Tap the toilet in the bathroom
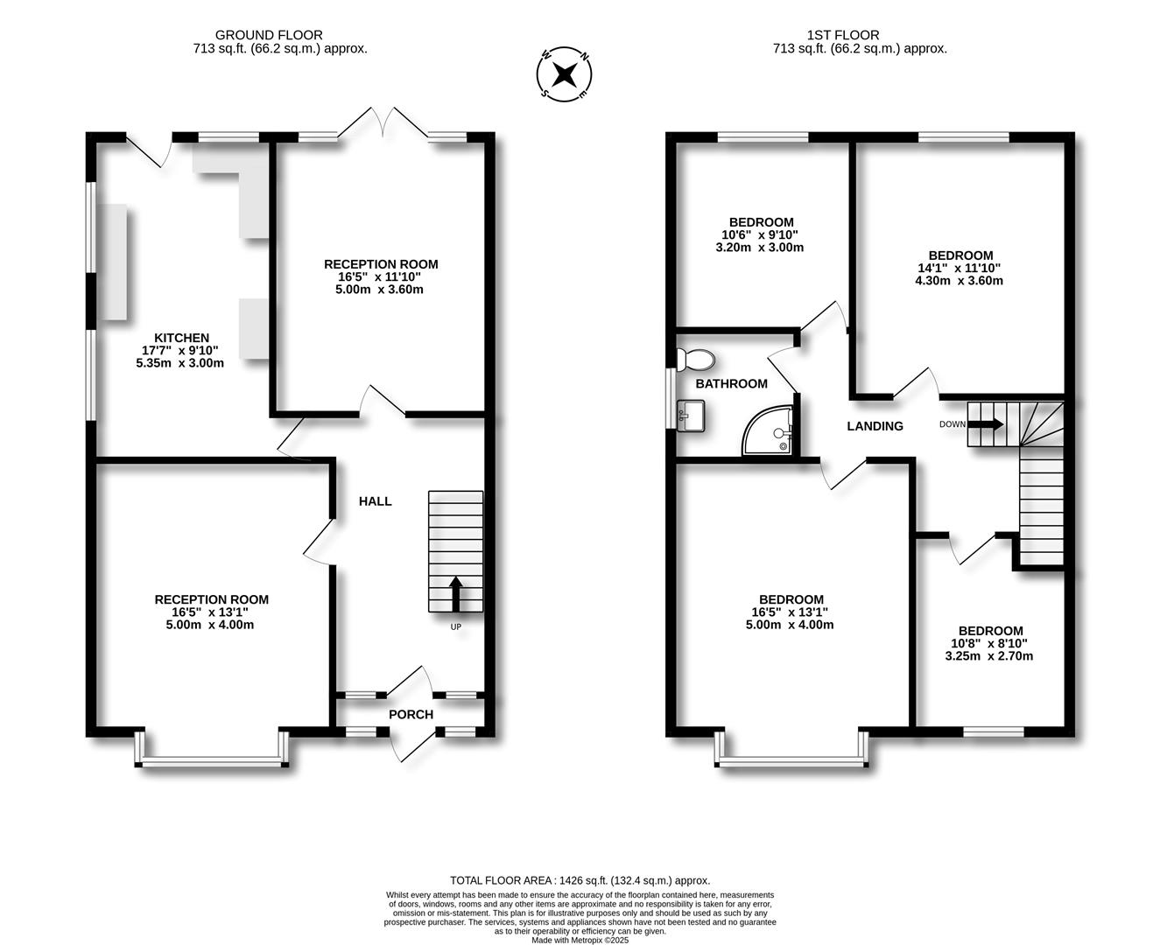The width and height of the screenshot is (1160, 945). point(698,359)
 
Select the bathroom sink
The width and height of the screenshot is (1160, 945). point(692,416)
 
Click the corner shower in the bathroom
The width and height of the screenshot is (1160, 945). point(770,432)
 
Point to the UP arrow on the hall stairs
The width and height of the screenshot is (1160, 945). point(455,594)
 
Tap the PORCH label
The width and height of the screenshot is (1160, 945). point(411,715)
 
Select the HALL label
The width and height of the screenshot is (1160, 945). point(376,501)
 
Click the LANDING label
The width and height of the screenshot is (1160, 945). point(875,426)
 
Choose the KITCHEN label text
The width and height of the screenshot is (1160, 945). point(182,338)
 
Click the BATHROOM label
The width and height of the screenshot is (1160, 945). point(732,383)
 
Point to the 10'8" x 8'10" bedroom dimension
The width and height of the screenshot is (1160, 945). point(990,643)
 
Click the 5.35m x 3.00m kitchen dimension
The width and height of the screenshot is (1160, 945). point(180,363)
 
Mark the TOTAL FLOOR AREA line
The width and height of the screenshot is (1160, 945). point(580,880)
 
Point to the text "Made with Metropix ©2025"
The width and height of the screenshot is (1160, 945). point(580,940)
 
